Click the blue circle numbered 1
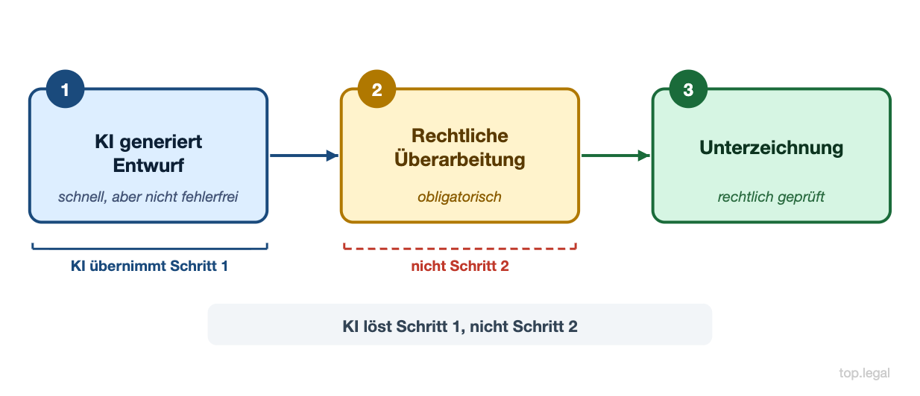point(65,90)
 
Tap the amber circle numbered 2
point(376,90)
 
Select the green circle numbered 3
point(688,90)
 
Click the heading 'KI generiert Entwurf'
point(148,153)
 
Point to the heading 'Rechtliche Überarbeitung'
point(460,147)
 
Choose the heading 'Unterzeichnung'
point(771,147)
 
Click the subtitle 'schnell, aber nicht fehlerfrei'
point(148,197)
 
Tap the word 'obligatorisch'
point(459,197)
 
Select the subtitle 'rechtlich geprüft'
point(771,197)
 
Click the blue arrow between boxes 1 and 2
point(303,156)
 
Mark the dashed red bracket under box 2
point(460,247)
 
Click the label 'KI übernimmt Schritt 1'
point(149,266)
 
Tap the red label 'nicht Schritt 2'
point(460,266)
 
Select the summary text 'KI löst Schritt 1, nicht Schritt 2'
point(460,326)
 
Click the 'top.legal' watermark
point(863,373)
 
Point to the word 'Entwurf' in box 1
point(148,165)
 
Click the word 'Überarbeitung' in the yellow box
point(460,159)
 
